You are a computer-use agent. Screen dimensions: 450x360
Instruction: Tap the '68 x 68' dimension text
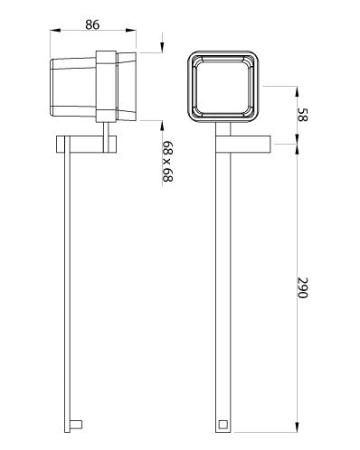(x=166, y=162)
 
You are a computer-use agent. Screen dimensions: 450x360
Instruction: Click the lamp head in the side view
(x=77, y=87)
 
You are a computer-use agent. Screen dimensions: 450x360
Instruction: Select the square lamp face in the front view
(x=223, y=87)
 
